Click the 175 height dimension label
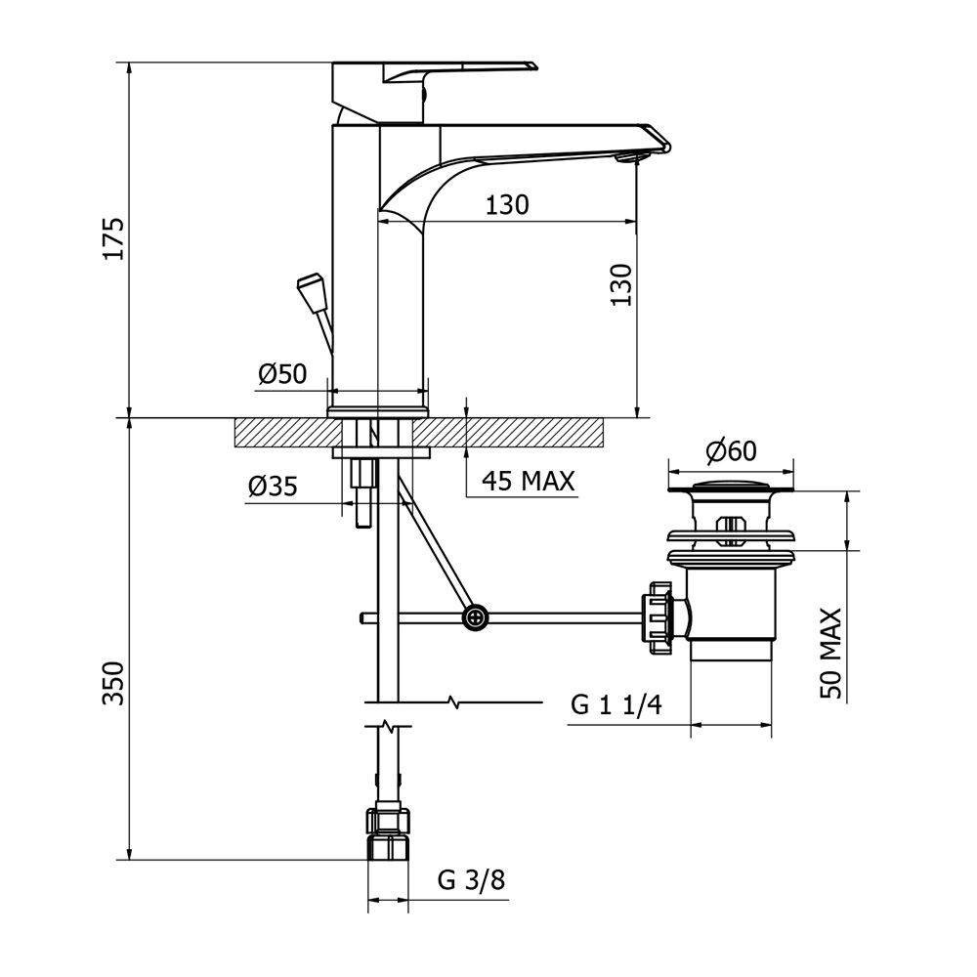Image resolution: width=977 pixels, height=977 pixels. point(114,238)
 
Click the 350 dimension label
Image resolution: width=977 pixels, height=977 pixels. point(114,683)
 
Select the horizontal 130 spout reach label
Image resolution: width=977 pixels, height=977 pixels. point(507,204)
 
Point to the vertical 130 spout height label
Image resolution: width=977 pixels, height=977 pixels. point(621,284)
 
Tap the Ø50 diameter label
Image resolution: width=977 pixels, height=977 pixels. point(283,374)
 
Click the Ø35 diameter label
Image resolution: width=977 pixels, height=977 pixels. point(273,486)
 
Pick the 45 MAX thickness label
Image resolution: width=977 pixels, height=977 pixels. point(528,481)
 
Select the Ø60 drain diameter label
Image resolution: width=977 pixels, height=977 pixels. point(731,450)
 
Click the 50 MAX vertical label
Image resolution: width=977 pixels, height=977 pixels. point(830,654)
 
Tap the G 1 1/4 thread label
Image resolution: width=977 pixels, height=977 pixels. point(616,704)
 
